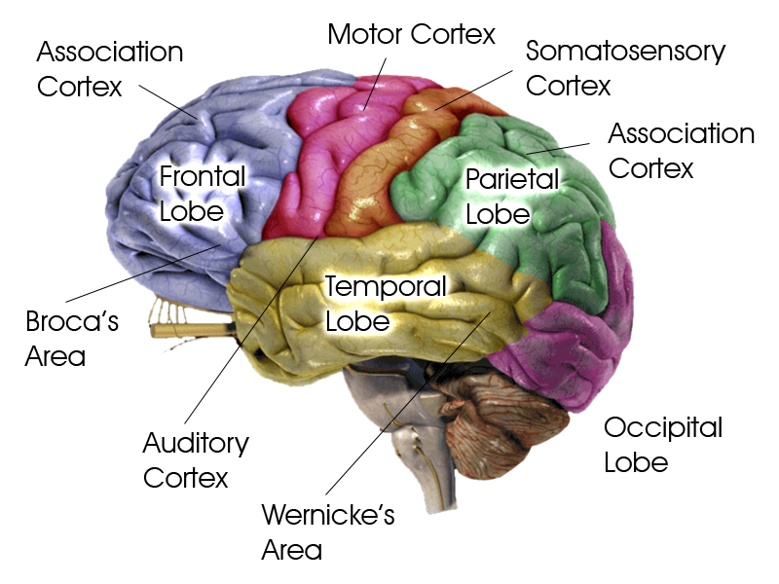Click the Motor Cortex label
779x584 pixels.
(411, 35)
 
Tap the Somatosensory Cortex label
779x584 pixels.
(625, 67)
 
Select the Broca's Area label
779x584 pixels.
(71, 338)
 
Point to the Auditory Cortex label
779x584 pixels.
(196, 460)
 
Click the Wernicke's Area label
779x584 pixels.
(328, 531)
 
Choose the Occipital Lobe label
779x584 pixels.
(662, 444)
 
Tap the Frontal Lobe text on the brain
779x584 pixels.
(203, 194)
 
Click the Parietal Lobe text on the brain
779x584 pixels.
(512, 196)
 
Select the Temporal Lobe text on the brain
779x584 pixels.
(385, 303)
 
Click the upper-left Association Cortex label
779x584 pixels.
(109, 68)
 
